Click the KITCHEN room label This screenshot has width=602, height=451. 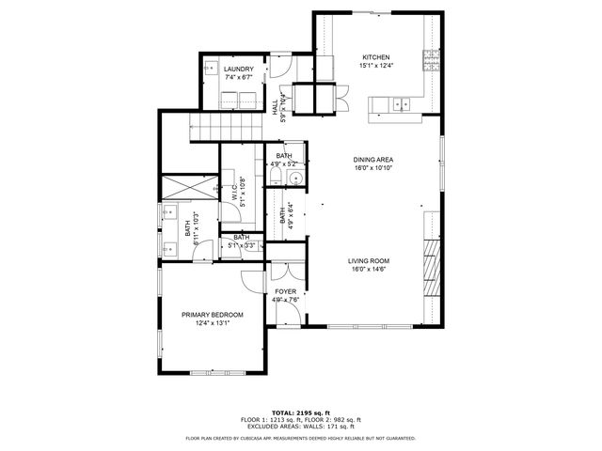376,57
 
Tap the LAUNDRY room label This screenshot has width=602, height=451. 237,70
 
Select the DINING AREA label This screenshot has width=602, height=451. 373,160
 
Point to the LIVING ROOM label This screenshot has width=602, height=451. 369,261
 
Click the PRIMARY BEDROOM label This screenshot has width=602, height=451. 213,315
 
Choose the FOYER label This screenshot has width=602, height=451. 285,292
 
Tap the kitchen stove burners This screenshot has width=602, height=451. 432,60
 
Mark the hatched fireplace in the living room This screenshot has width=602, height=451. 431,267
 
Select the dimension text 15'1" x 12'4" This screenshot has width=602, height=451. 376,66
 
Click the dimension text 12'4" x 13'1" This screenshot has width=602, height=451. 213,323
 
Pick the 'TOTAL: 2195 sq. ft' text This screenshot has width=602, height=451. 301,412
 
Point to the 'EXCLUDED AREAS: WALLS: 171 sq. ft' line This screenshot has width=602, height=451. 301,426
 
